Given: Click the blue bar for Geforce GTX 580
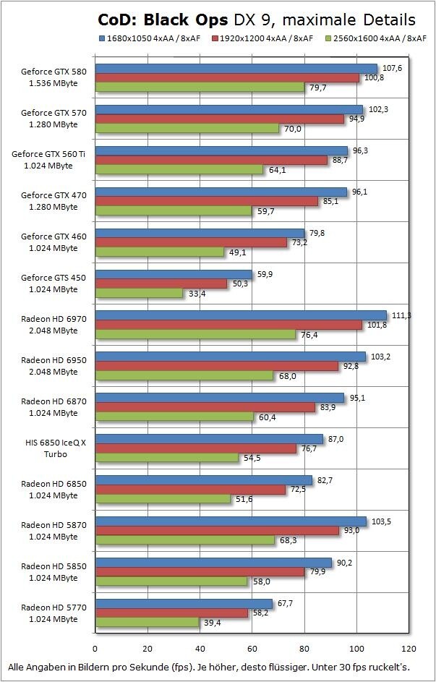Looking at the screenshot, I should coord(236,69).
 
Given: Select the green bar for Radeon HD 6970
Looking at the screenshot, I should coord(195,335).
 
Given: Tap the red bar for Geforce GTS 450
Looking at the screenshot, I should coord(161,284).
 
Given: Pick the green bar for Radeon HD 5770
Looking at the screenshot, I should coord(147,623).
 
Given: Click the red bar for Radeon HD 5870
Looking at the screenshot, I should coord(217,531).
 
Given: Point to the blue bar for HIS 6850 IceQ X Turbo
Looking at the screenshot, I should coord(209,439).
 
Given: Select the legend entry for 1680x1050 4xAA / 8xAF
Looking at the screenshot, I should coord(150,37).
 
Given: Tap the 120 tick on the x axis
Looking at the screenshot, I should coord(409,649).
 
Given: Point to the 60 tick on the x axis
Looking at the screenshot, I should coord(252,649).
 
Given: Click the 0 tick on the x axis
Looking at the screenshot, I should coord(95,649).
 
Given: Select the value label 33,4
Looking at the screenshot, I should coord(197,294).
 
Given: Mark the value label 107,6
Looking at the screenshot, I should coord(391,69).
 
